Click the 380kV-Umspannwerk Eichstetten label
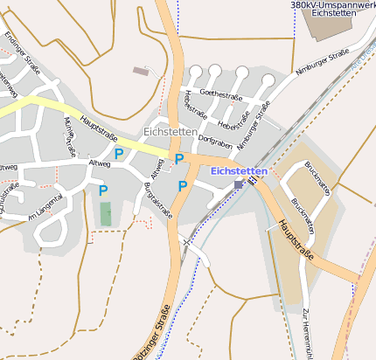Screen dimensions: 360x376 click(332, 9)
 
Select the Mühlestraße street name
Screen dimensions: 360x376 click(65, 135)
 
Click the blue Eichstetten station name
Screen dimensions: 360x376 click(240, 170)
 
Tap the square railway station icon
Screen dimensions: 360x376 click(238, 184)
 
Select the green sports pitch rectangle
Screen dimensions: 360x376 click(106, 213)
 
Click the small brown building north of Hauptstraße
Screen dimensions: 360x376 click(140, 71)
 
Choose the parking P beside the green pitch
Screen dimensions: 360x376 click(103, 190)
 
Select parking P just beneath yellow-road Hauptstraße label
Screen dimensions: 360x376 click(118, 153)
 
